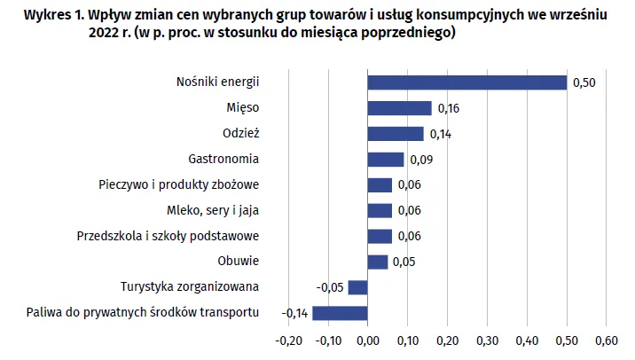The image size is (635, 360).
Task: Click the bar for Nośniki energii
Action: coord(466,82)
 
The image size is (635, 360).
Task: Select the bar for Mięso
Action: coord(399,108)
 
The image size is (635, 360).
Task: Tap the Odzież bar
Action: coord(395,134)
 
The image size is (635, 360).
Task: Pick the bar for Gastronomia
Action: coord(385,160)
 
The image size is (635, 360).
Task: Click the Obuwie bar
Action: coord(377,262)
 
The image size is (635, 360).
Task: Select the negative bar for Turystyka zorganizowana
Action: coord(357,287)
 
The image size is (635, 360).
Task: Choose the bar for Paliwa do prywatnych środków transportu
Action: coord(340,313)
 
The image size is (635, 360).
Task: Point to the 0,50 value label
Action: coord(584,82)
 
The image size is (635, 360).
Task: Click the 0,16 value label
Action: coord(449,108)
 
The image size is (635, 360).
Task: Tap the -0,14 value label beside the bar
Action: coord(294,313)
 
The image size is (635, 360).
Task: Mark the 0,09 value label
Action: coord(420,160)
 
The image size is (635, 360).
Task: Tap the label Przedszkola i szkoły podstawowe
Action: coord(168,236)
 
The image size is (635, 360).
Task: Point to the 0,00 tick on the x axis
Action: coord(367,340)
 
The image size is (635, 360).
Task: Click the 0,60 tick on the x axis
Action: coord(605,340)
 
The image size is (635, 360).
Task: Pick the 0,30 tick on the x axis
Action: coord(486,340)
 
